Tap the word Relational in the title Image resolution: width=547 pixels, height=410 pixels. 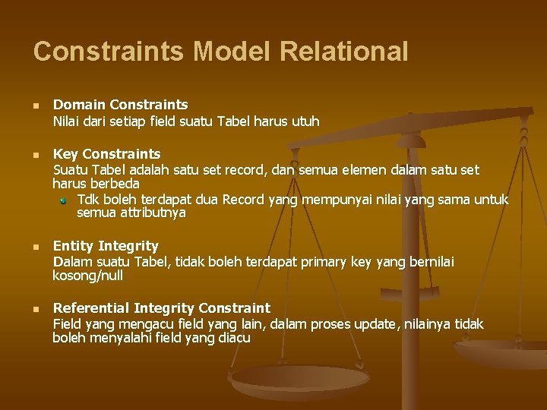[x=343, y=52]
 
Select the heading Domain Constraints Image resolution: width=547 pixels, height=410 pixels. [x=120, y=104]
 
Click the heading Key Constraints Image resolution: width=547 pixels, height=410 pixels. [x=106, y=154]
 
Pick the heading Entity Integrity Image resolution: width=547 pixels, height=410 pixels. [x=106, y=246]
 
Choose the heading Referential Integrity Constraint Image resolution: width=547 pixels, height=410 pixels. [x=161, y=308]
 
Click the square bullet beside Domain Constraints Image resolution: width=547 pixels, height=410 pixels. [x=36, y=105]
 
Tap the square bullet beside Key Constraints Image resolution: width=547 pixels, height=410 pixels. [x=36, y=155]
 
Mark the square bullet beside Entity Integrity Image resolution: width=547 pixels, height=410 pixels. [x=36, y=247]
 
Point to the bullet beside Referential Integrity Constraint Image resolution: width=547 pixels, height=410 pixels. [x=36, y=309]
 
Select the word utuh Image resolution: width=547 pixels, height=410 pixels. [x=304, y=121]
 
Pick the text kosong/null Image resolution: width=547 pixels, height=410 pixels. [x=87, y=276]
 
